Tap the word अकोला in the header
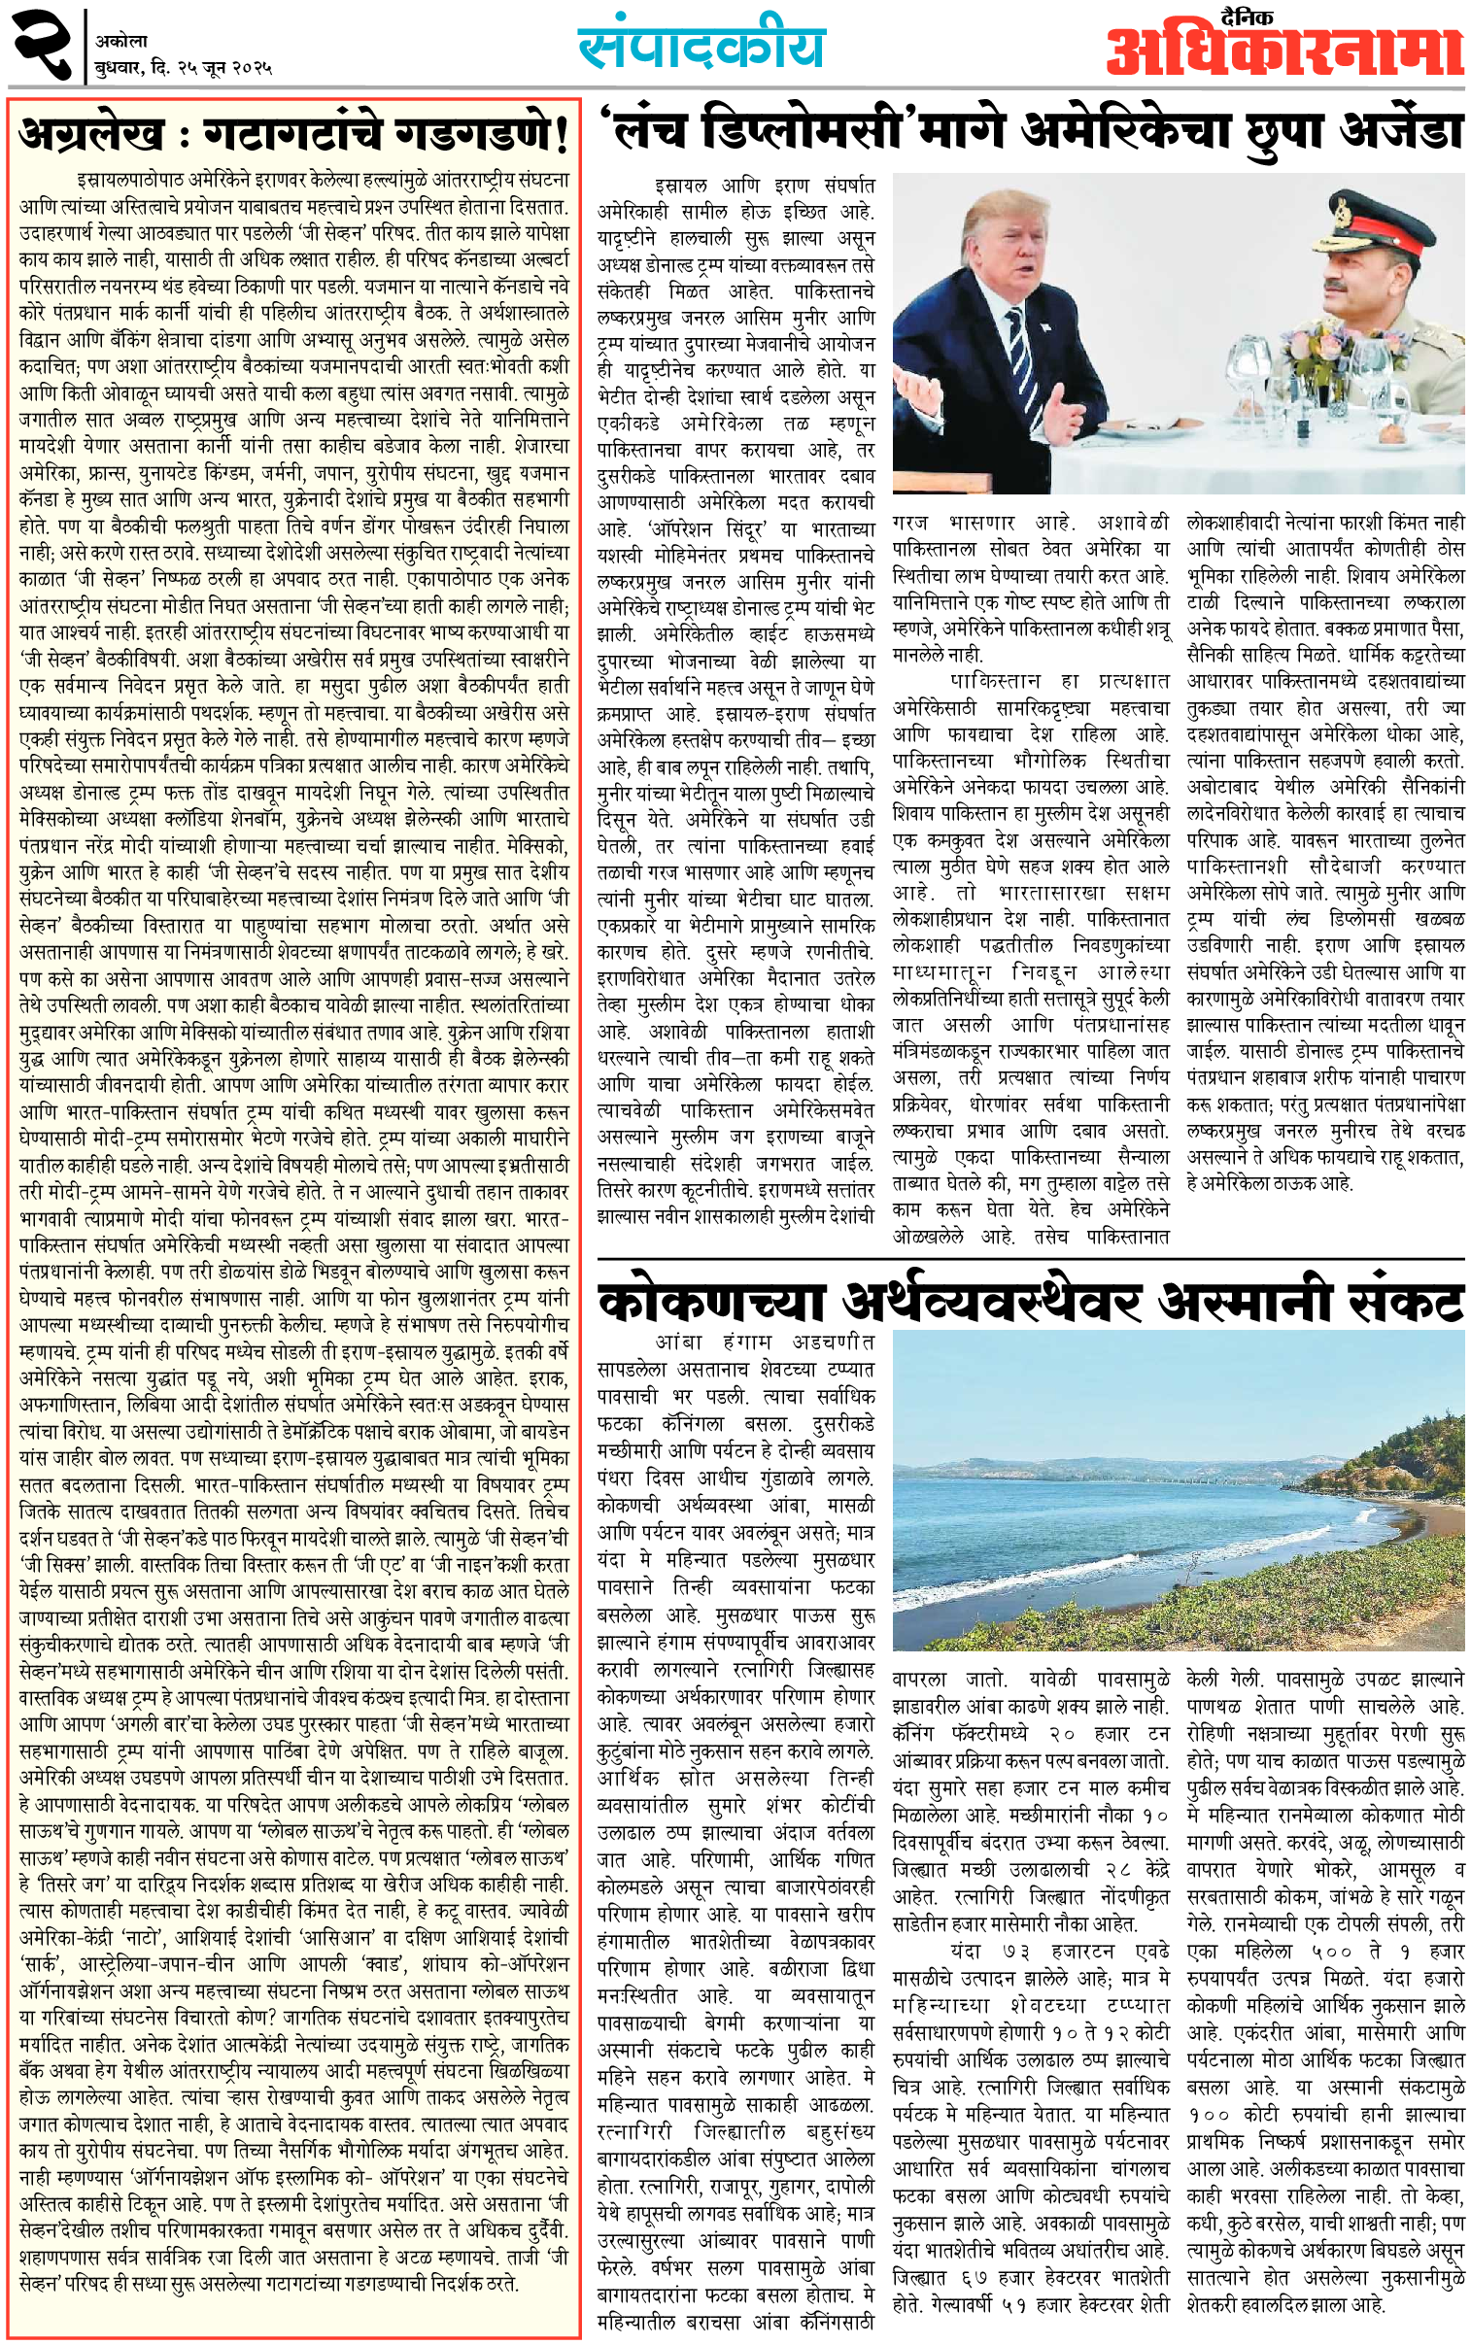pos(121,41)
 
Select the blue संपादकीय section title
pos(701,46)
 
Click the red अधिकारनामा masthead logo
pos(1284,54)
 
